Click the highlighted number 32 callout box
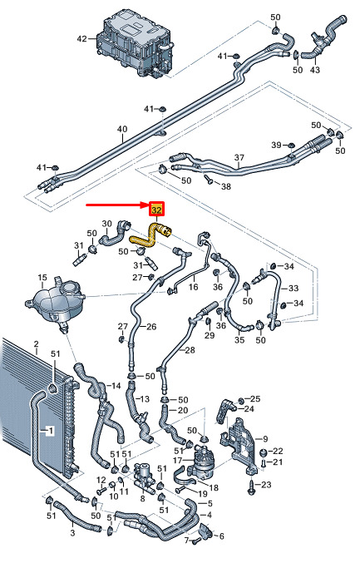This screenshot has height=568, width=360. point(157,210)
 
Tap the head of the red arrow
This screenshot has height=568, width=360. point(149,205)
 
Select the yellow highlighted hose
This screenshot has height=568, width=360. point(150,235)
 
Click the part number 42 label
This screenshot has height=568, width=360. point(82,38)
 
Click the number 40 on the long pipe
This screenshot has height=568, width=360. point(122,129)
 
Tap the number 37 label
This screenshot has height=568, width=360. point(239,157)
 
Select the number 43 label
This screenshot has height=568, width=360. point(315,69)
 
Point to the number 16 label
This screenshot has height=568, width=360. point(194,287)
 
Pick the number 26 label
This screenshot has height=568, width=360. point(151,326)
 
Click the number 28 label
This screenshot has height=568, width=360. point(190,350)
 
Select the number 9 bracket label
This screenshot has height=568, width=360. point(265,439)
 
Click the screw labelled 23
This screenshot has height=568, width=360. point(250,486)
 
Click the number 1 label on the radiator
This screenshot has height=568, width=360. point(51,431)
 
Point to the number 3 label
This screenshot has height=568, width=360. point(72,533)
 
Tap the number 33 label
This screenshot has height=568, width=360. point(293,289)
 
